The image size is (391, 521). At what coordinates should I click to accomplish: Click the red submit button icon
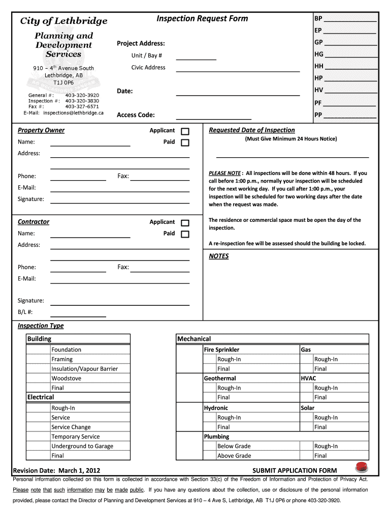coord(362,467)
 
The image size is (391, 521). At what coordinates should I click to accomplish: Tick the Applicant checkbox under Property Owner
coord(185,131)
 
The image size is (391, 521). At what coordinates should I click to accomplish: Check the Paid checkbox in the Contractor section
coord(185,234)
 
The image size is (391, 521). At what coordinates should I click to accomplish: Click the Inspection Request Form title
coord(202,19)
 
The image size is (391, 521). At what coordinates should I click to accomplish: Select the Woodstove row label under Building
coord(66,378)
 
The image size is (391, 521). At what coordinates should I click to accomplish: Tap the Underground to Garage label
coord(82,446)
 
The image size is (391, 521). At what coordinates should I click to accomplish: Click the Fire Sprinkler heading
coord(221,350)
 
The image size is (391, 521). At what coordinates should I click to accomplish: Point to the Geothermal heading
coord(220,379)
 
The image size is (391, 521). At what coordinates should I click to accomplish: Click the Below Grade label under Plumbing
coord(234,446)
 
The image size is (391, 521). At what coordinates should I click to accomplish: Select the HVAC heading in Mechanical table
coord(308,379)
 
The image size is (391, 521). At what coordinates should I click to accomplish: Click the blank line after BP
coord(350,20)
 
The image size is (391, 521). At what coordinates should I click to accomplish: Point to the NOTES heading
coord(219,256)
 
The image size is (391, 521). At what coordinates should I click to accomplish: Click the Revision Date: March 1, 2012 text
coord(56,470)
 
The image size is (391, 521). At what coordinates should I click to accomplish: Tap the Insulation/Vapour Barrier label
coord(84,368)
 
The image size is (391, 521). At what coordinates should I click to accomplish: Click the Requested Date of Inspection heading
coord(252,130)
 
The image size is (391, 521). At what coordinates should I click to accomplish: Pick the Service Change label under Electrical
coord(71,427)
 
